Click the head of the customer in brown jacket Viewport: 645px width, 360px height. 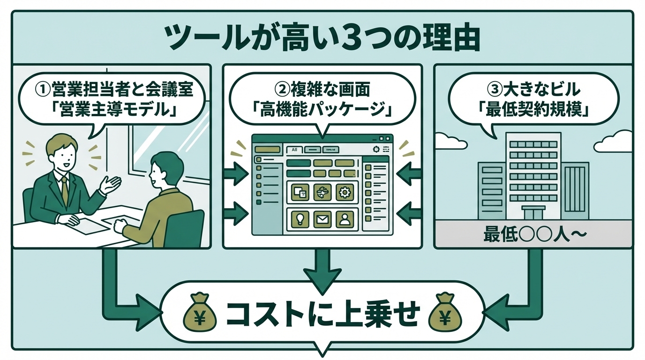(165, 169)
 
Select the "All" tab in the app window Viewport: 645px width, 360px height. (294, 150)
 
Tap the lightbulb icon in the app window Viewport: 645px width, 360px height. (300, 218)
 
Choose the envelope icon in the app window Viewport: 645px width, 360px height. (322, 218)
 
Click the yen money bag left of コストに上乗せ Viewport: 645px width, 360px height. (200, 313)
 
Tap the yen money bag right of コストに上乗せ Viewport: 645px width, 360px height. (445, 313)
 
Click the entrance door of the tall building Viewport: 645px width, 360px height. (533, 214)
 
